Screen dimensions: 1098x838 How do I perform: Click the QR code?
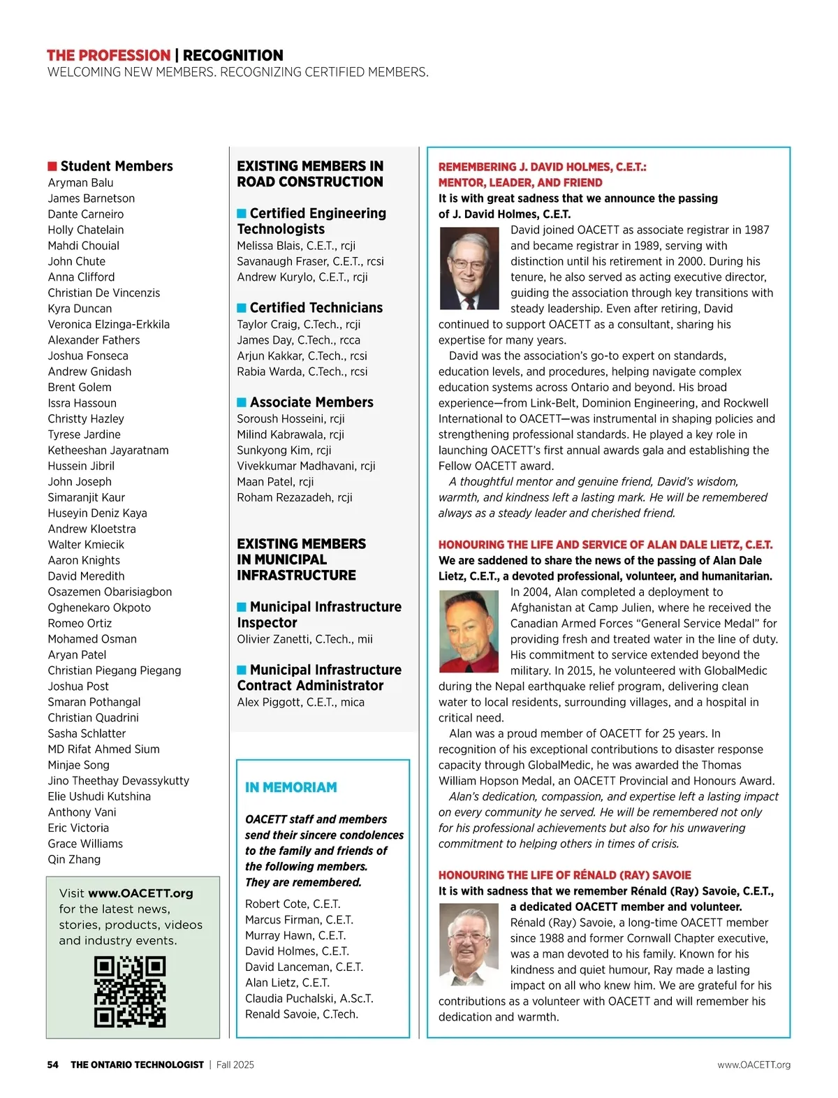[130, 992]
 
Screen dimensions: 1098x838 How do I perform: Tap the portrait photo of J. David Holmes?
[469, 269]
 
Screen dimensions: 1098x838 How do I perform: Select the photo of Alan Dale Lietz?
[469, 631]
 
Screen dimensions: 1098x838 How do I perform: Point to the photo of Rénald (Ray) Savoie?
[469, 944]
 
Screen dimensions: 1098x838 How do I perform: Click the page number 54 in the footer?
[53, 1064]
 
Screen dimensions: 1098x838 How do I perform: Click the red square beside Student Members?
[52, 166]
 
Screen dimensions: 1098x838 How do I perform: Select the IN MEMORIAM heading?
[291, 787]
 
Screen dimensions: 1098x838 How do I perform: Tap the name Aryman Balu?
[80, 183]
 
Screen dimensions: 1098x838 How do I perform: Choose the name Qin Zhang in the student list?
[74, 859]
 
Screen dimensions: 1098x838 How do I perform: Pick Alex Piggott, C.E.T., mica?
[300, 702]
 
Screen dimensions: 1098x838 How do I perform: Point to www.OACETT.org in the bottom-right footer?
[754, 1064]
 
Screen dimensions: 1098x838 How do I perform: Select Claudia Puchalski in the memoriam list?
[309, 998]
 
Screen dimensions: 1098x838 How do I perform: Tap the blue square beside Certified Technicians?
[242, 308]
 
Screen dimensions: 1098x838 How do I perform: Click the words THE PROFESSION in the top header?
[108, 55]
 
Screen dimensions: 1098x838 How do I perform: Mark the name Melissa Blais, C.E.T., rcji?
[296, 246]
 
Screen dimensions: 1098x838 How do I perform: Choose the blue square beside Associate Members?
[242, 402]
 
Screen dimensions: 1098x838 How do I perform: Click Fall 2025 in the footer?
[235, 1064]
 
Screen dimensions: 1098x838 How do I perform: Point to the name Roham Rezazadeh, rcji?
[294, 497]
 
